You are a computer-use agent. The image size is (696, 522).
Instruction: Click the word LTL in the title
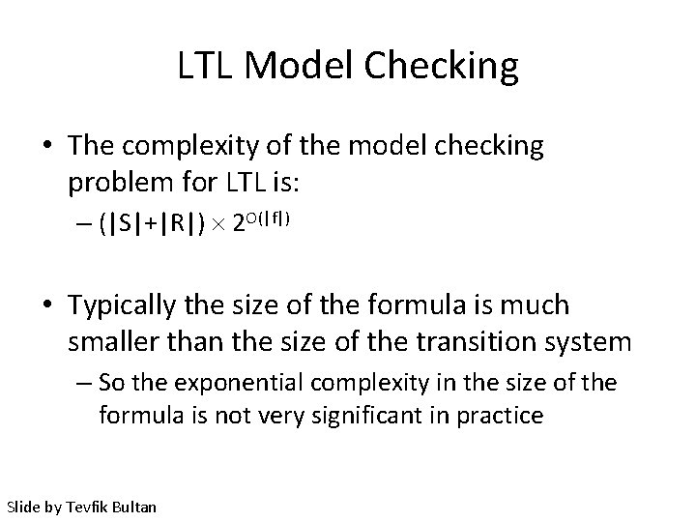pos(208,67)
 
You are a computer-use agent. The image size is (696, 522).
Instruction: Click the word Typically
pos(121,307)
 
